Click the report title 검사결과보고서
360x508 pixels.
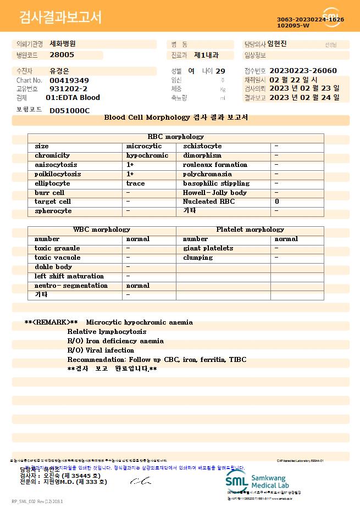tap(60, 18)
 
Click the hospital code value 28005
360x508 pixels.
tap(62, 55)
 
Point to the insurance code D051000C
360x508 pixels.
tap(69, 110)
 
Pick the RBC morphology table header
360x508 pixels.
tap(176, 137)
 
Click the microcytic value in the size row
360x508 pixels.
tap(144, 146)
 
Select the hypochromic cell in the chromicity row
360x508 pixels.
tap(147, 155)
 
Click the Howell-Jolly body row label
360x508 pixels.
tap(215, 193)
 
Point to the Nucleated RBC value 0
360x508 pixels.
tap(277, 202)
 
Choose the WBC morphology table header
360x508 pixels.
tap(102, 230)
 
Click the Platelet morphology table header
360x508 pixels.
tap(250, 230)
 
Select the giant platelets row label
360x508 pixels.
tap(208, 248)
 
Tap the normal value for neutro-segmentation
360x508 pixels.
tap(138, 286)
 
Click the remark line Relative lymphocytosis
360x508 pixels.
tap(107, 332)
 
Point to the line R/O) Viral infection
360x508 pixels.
tap(101, 350)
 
